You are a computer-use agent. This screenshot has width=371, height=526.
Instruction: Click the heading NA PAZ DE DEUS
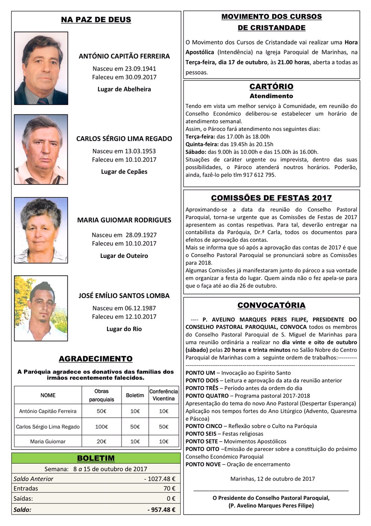96,20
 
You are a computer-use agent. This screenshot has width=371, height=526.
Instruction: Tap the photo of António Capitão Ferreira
41,68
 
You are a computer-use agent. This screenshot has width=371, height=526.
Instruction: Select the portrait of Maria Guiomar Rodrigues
41,230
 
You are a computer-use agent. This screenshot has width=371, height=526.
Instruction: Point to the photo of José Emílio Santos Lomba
41,308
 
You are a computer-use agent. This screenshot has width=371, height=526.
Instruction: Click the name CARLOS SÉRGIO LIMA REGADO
124,139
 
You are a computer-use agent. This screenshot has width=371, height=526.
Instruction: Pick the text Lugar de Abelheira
124,89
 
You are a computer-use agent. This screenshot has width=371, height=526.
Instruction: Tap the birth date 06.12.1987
141,308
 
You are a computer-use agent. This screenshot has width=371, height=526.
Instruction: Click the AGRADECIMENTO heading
96,359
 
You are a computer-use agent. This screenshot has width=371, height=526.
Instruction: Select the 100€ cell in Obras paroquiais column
101,427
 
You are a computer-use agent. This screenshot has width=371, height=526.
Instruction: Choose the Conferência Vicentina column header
163,395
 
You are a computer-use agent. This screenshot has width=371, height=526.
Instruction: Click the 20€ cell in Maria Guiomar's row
101,442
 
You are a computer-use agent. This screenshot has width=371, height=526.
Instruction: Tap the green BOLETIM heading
96,458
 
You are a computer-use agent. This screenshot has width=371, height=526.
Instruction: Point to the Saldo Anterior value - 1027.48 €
160,479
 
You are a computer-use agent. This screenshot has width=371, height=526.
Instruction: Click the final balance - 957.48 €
161,510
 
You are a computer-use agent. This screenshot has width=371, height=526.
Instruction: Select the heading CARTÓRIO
271,87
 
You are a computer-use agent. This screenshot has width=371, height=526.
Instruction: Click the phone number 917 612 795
260,175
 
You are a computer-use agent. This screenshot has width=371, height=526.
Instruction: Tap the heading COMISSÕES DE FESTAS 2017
271,198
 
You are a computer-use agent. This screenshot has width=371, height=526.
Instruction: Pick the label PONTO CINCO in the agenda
204,426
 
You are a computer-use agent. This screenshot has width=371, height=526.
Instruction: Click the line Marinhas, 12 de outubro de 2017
273,479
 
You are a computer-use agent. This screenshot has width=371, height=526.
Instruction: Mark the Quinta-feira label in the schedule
202,144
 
